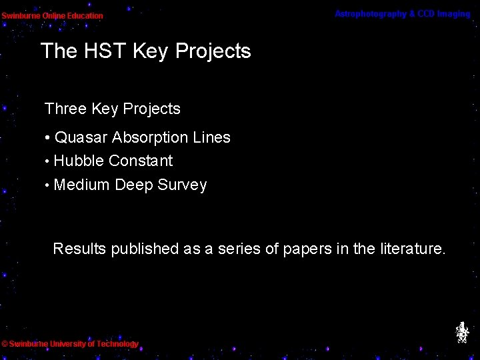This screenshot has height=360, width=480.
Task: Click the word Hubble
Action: click(79, 161)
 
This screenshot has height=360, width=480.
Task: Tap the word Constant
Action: click(141, 161)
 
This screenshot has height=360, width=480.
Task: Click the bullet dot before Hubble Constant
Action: click(47, 162)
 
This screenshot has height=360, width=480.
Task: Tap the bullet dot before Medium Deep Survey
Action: click(47, 186)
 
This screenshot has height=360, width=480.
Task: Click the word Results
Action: click(79, 249)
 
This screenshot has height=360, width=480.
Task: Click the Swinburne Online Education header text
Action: click(52, 15)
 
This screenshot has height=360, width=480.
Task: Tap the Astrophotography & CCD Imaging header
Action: click(402, 14)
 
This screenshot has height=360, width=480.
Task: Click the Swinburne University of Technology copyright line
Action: click(70, 344)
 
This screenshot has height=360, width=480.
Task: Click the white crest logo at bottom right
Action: click(461, 332)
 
